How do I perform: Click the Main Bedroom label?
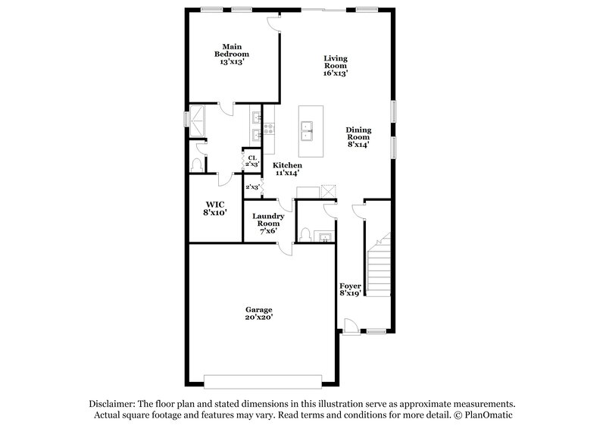(231, 54)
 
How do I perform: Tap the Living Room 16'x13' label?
(336, 66)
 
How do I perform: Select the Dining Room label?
(358, 136)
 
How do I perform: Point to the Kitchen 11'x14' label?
(288, 169)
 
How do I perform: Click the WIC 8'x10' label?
(216, 209)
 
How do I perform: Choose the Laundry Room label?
(268, 223)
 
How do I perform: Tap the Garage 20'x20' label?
(258, 314)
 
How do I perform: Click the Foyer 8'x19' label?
(349, 289)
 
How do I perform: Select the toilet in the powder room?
(305, 233)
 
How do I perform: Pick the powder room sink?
(325, 238)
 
